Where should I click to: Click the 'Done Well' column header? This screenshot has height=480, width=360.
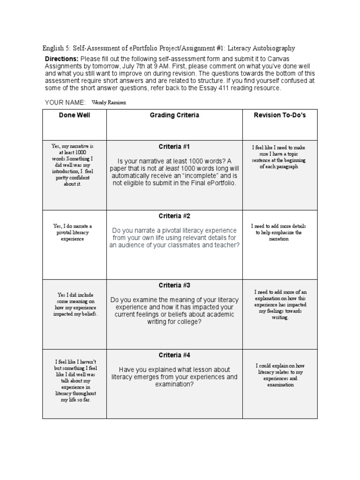[75, 115]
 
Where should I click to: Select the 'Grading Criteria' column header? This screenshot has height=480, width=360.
[174, 115]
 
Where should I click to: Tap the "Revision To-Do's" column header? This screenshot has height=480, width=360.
[279, 115]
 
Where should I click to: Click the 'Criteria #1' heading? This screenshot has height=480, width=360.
[174, 147]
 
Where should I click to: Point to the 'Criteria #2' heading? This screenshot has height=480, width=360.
[174, 216]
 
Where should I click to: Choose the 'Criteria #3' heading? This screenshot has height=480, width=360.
[174, 285]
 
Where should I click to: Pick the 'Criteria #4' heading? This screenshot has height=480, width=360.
[174, 355]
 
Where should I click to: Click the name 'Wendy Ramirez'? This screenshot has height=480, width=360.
[109, 102]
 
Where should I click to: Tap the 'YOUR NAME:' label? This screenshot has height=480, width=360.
[65, 102]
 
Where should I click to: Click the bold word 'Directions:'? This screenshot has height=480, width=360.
[61, 59]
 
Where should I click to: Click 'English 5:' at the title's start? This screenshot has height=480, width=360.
[57, 48]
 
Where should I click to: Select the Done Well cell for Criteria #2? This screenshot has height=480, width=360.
[75, 232]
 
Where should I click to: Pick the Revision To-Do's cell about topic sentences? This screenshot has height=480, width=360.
[279, 157]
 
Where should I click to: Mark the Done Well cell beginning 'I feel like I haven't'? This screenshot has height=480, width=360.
[75, 381]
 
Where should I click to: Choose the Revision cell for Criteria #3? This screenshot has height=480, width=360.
[279, 305]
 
